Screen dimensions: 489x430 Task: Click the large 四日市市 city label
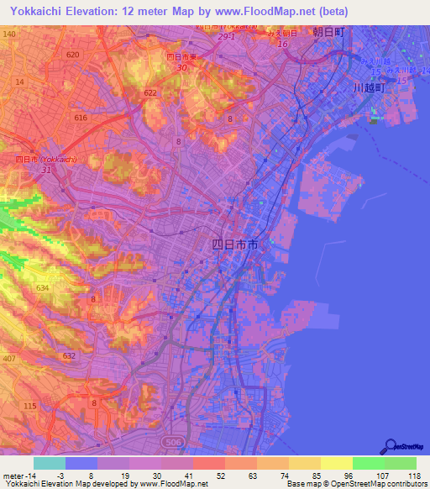pyautogui.click(x=233, y=245)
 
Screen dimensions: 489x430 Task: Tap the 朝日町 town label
pyautogui.click(x=328, y=32)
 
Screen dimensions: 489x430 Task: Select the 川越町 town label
pyautogui.click(x=368, y=87)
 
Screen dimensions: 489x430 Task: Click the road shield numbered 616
pyautogui.click(x=81, y=118)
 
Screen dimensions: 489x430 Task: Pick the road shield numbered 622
pyautogui.click(x=150, y=92)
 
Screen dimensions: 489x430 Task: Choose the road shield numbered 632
pyautogui.click(x=69, y=355)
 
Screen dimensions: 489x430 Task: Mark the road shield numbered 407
pyautogui.click(x=9, y=360)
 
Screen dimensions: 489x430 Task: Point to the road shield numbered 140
pyautogui.click(x=9, y=33)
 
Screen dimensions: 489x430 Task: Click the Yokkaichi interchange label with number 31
pyautogui.click(x=47, y=168)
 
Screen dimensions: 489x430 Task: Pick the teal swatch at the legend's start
pyautogui.click(x=50, y=463)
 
